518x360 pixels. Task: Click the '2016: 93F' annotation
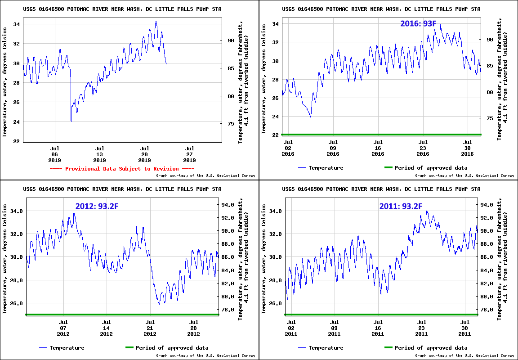click(418, 23)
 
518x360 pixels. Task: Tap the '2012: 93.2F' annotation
click(97, 207)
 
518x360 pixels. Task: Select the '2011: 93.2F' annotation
click(400, 207)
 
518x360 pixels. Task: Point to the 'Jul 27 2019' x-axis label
click(189, 154)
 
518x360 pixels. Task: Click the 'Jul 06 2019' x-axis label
click(54, 154)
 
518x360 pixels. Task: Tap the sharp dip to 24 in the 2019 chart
click(71, 121)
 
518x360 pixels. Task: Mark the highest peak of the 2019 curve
click(156, 22)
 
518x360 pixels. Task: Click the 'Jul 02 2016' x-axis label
click(288, 148)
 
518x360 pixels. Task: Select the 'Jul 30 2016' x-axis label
click(467, 148)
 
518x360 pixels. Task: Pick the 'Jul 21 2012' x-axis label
click(150, 328)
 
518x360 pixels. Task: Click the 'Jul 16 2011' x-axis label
click(378, 328)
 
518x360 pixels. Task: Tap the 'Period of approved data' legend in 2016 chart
click(431, 168)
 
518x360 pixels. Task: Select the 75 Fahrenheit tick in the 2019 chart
click(231, 124)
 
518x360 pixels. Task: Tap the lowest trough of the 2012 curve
click(159, 304)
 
